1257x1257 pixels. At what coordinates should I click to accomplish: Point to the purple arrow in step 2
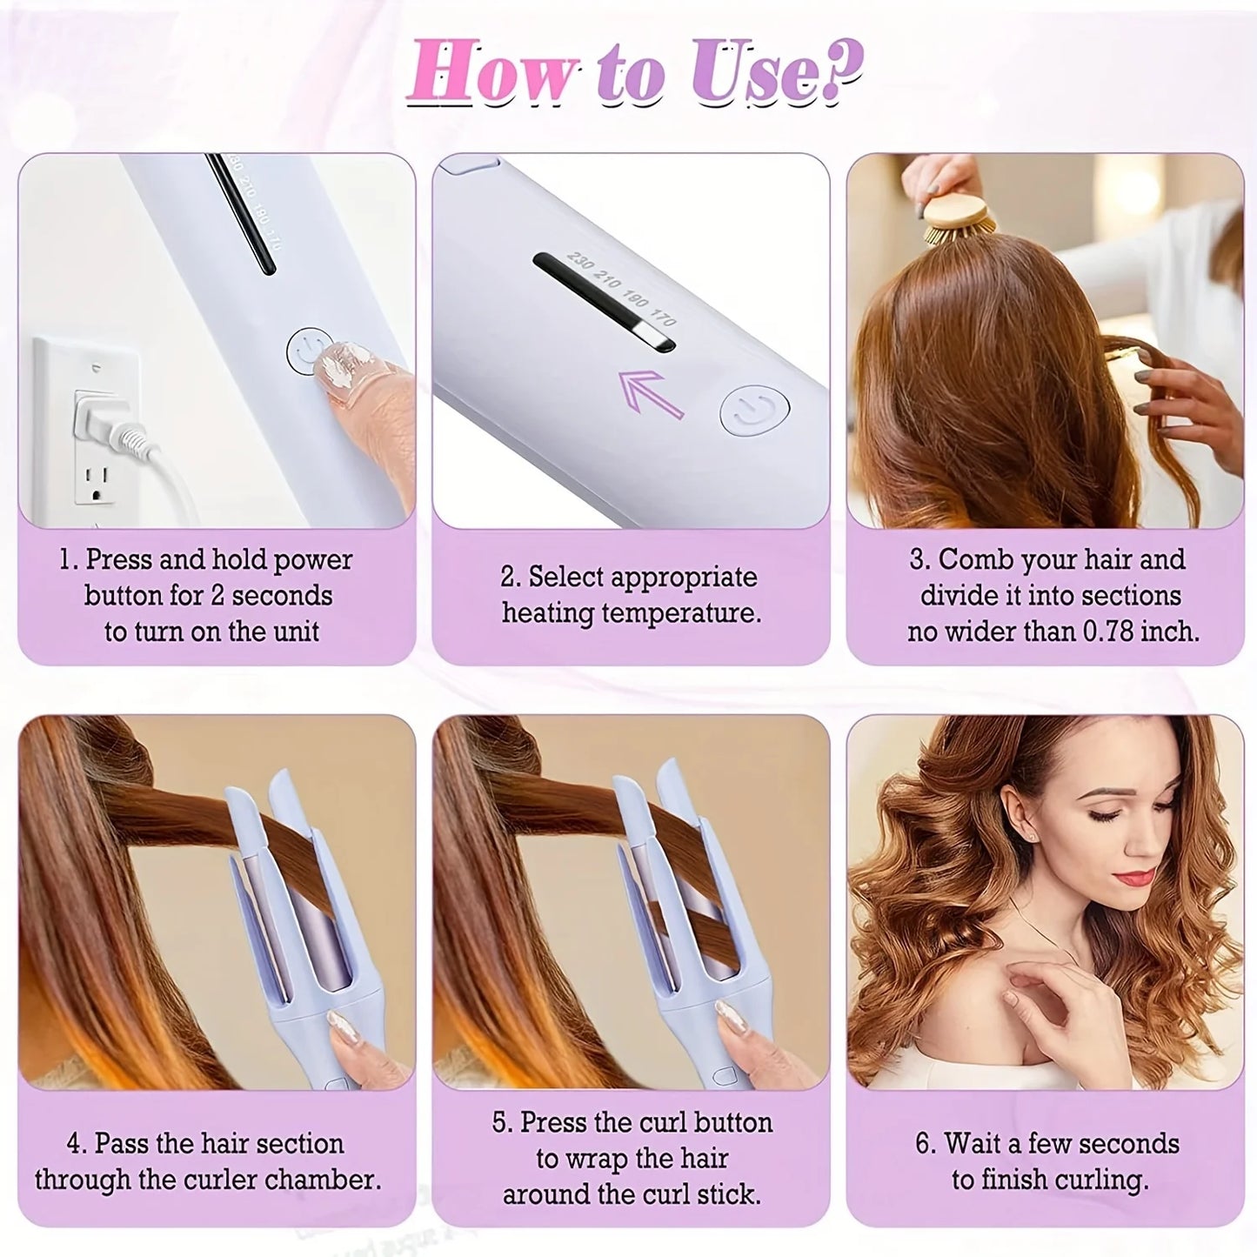point(651,393)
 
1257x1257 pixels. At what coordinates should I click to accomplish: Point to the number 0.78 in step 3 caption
point(1109,632)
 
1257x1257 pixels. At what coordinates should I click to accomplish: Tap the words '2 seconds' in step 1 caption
point(271,596)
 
